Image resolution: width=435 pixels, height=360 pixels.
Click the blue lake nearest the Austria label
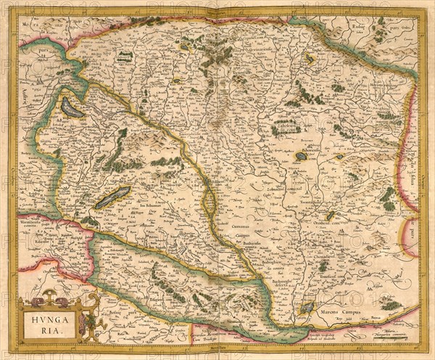click(72, 108)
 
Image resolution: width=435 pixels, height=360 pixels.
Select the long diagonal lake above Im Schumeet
click(112, 197)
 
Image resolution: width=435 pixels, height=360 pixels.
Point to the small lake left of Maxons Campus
click(307, 307)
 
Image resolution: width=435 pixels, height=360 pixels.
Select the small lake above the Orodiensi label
click(331, 215)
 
